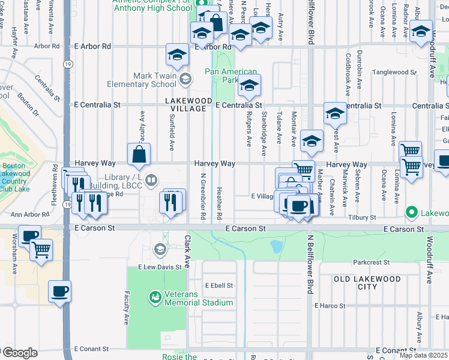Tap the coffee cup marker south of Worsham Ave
click(x=59, y=292)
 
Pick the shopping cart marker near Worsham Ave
click(x=41, y=250)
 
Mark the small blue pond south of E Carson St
click(x=276, y=245)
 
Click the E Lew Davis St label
click(x=160, y=267)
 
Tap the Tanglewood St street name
click(x=394, y=72)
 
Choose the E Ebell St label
click(x=218, y=286)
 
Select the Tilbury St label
click(x=364, y=218)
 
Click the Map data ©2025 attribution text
click(x=424, y=355)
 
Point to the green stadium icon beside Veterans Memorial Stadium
click(x=155, y=297)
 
